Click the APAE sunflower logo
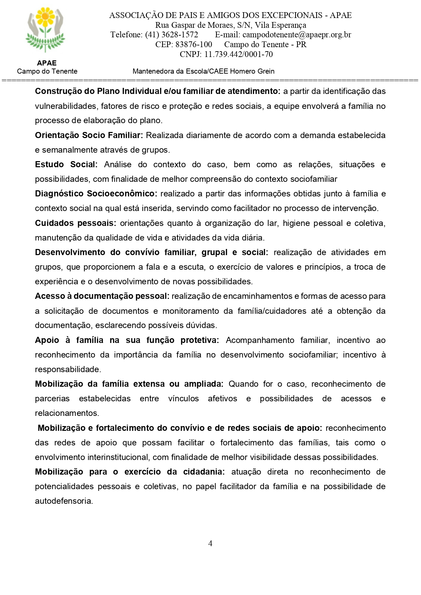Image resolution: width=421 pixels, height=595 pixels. pyautogui.click(x=45, y=30)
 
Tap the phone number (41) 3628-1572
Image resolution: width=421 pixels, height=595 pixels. pyautogui.click(x=171, y=35)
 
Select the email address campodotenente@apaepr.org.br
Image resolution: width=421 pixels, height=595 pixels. pyautogui.click(x=297, y=35)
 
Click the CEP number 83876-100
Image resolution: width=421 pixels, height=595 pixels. pyautogui.click(x=193, y=45)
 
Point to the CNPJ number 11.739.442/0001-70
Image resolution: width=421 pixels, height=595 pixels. pyautogui.click(x=238, y=54)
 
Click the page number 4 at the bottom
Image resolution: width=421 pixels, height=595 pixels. pyautogui.click(x=210, y=543)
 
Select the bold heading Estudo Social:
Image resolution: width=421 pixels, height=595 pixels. pyautogui.click(x=66, y=165)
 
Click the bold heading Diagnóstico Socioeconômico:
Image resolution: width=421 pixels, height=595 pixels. pyautogui.click(x=96, y=194)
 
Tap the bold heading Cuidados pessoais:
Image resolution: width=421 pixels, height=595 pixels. pyautogui.click(x=75, y=223)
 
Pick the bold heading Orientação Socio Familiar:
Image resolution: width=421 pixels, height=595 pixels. pyautogui.click(x=89, y=135)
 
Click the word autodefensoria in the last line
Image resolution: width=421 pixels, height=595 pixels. pyautogui.click(x=63, y=501)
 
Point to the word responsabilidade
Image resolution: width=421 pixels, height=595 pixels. pyautogui.click(x=68, y=369)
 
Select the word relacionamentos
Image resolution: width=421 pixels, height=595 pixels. pyautogui.click(x=66, y=413)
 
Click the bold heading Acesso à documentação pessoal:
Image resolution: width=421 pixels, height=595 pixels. pyautogui.click(x=102, y=296)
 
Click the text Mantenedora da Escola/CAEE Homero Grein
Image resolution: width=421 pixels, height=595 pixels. pyautogui.click(x=204, y=71)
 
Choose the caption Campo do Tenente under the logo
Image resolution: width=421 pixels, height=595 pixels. pyautogui.click(x=47, y=71)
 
